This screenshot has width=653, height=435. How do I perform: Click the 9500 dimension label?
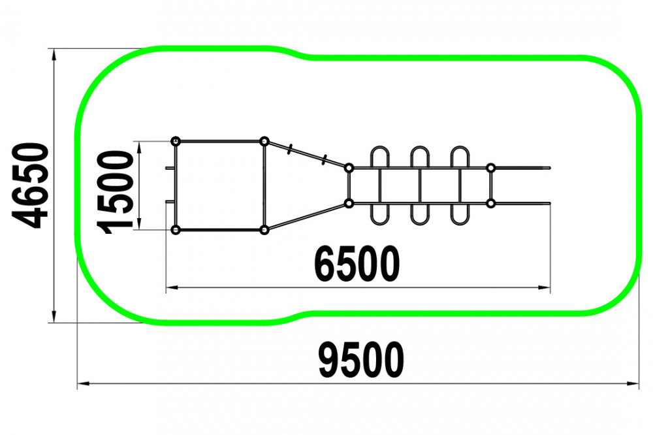[361, 361]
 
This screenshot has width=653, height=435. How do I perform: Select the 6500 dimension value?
[356, 265]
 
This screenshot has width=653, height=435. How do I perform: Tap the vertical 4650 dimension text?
[31, 185]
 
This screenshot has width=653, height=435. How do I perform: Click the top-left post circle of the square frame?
[176, 141]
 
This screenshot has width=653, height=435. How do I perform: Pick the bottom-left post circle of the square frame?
[176, 229]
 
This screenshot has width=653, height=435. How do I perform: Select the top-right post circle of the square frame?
[264, 141]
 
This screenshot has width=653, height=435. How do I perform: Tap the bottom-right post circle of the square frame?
[264, 229]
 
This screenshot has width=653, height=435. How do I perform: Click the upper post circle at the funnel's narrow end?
[349, 168]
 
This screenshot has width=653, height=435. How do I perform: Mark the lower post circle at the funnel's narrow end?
[349, 203]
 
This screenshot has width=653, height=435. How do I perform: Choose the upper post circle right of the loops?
[491, 168]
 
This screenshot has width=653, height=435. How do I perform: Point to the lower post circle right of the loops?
[491, 203]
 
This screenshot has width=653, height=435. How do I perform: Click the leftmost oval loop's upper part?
[380, 157]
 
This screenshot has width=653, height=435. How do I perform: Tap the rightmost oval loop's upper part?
[460, 157]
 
